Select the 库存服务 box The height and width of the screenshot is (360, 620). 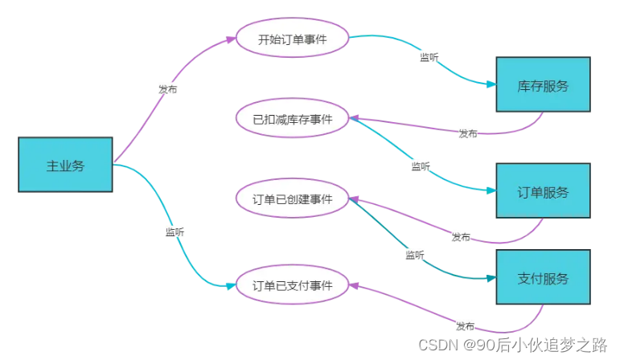543,84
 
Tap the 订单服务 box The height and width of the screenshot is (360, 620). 543,191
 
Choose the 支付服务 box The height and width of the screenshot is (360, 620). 543,278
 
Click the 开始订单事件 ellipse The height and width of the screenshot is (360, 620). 292,38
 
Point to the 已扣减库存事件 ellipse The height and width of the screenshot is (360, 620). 292,119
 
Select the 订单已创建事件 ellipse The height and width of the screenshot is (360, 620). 292,198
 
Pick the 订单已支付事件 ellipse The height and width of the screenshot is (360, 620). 292,285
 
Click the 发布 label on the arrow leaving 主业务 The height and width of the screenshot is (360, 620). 167,89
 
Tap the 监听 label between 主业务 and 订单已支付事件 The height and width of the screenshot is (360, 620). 175,231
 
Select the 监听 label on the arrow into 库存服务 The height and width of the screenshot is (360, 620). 429,57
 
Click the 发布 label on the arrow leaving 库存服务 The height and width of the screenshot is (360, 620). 467,133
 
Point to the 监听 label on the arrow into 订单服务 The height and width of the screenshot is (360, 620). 421,166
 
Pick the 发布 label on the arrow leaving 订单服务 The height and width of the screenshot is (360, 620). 461,237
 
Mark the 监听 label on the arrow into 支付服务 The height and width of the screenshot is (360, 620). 416,255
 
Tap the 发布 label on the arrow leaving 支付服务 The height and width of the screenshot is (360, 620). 465,326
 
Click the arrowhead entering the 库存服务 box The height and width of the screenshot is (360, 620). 491,84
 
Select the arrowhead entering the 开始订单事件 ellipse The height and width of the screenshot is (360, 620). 232,39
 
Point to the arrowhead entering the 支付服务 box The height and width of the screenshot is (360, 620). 491,278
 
